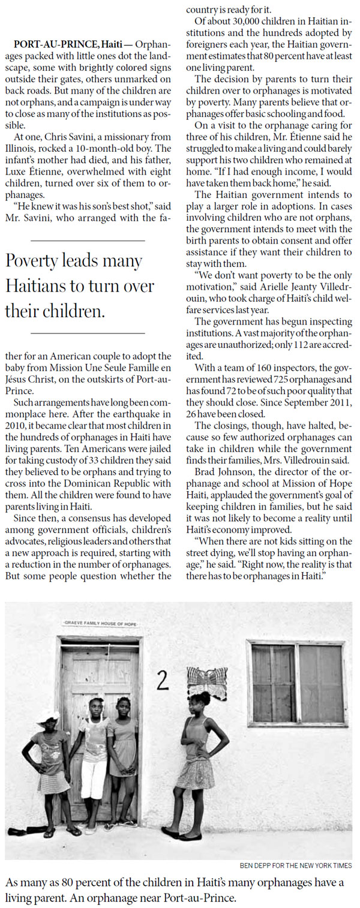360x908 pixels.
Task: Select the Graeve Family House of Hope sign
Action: [x=100, y=624]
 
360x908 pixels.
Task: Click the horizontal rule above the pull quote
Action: [x=87, y=240]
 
